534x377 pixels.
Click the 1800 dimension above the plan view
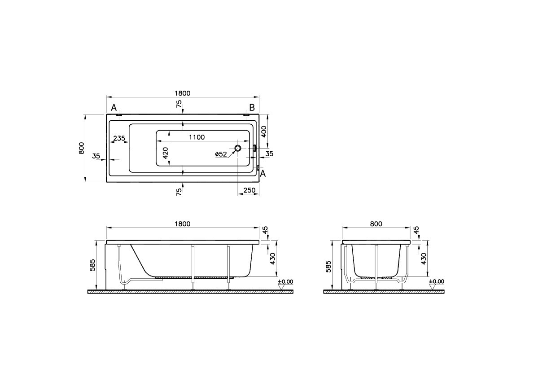pos(183,93)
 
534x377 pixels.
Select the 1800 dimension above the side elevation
pos(183,224)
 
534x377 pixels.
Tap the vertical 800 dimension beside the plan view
pos(81,148)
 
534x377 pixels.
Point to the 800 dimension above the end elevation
pos(376,224)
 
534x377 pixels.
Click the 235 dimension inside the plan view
pos(119,138)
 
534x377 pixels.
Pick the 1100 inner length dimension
pos(197,137)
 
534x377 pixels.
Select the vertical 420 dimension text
pos(166,153)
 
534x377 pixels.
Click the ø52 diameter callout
pos(221,154)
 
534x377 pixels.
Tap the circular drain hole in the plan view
pos(238,148)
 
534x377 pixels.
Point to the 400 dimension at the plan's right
pos(263,131)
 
